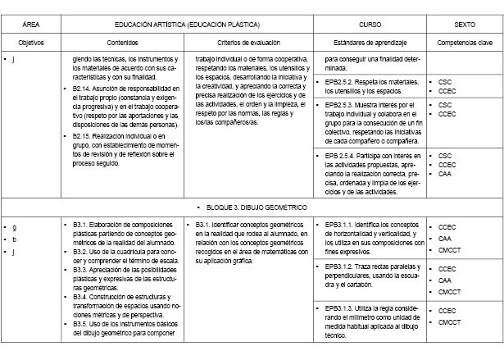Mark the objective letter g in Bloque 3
point(15,226)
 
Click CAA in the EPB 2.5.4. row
point(446,174)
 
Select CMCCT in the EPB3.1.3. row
point(451,322)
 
